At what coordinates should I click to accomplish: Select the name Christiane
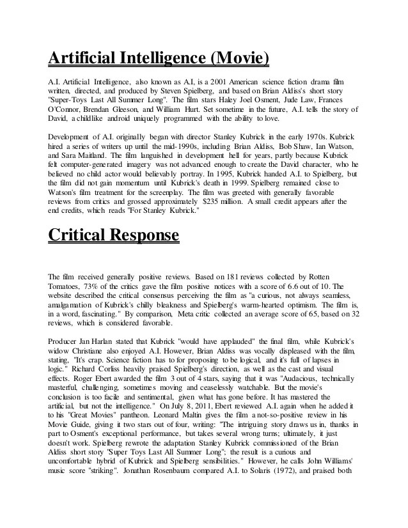coord(95,350)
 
